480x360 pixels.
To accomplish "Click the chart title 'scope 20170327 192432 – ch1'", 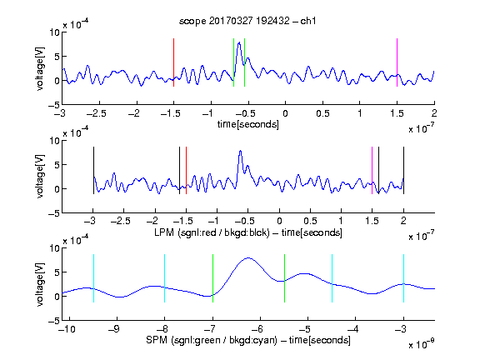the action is click(247, 21).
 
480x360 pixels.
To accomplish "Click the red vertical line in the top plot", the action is click(173, 62).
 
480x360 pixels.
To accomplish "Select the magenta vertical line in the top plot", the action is click(397, 62).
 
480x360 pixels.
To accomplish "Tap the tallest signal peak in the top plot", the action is click(239, 42).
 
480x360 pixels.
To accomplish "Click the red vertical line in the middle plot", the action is click(186, 170).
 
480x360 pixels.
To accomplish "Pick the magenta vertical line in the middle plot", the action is click(372, 170).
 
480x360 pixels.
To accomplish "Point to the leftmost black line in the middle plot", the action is click(93, 170).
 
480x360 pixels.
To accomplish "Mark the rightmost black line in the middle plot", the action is click(403, 170).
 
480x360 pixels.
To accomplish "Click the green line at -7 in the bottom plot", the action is click(212, 278).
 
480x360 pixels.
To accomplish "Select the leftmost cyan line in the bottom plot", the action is click(93, 278).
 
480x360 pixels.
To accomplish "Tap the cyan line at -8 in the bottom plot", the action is click(165, 278).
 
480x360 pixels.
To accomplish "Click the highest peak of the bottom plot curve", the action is click(248, 258).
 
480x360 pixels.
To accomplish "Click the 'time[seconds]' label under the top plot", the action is click(248, 124).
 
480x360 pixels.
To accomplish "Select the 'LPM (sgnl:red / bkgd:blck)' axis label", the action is click(212, 232).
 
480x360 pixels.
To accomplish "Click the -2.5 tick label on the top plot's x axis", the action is click(97, 113).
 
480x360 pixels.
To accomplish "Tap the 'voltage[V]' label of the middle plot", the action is click(40, 177).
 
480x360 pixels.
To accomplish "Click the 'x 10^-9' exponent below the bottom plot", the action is click(421, 344).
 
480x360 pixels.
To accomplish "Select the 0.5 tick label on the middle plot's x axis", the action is click(310, 221).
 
